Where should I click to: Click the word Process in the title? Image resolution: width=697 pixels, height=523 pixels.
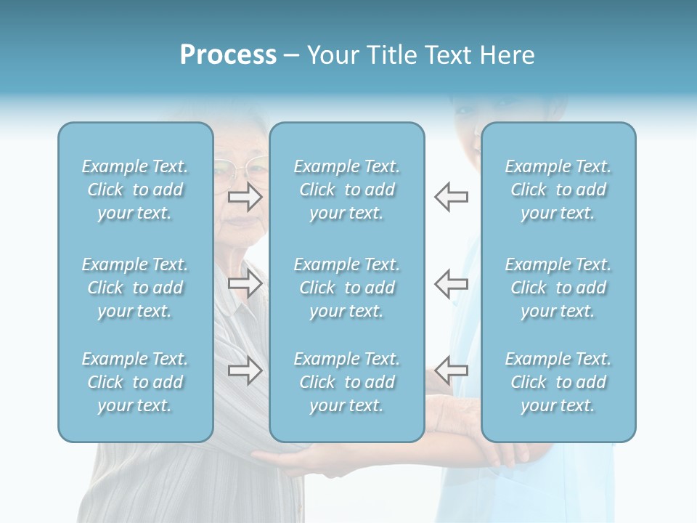pos(228,55)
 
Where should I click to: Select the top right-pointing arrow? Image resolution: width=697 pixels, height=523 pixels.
pos(245,196)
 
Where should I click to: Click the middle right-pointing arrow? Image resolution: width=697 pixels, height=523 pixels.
pos(245,283)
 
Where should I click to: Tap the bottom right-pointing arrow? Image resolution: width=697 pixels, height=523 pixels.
pos(245,371)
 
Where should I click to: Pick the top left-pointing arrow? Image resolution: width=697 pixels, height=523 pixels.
pos(451,196)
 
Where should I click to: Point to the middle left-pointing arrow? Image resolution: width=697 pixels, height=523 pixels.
pos(451,283)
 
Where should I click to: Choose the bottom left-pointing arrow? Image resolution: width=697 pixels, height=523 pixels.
pos(451,370)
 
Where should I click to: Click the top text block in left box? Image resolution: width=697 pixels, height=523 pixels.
pos(135,190)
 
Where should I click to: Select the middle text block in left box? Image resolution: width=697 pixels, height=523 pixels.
pos(135,288)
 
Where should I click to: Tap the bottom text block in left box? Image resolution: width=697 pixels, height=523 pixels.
pos(135,382)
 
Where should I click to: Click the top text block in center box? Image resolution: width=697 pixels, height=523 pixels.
pos(346,190)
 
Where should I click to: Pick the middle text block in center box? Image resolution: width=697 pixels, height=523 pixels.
pos(346,288)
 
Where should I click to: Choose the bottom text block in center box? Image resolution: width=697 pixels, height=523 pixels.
pos(346,382)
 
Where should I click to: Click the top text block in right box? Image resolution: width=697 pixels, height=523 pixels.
pos(558,190)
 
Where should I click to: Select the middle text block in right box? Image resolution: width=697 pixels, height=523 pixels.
pos(558,288)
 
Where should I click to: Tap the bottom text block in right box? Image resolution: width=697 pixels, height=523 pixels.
pos(558,382)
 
